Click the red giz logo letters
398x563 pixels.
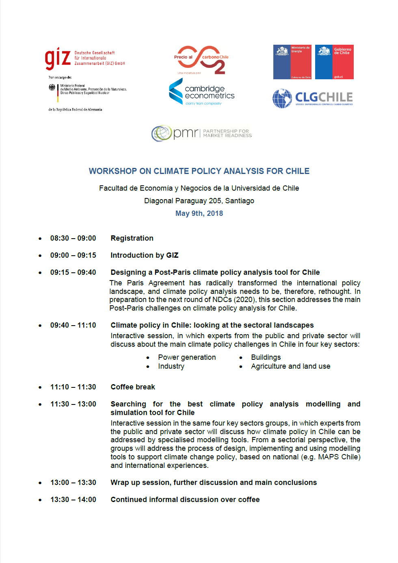point(58,58)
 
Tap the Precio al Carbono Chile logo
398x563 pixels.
point(201,59)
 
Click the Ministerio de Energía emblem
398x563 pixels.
point(292,62)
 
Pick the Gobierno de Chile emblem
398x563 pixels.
point(334,62)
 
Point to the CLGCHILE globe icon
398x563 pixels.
point(282,98)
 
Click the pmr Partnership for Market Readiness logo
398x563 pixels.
point(202,133)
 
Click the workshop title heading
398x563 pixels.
point(199,171)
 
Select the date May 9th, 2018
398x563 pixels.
point(199,213)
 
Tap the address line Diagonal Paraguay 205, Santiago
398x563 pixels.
point(199,201)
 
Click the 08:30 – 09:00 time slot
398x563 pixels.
point(73,238)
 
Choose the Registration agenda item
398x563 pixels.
point(132,238)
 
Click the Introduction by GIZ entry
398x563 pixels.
point(145,255)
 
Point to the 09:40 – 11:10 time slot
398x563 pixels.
point(73,325)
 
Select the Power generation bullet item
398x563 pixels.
point(187,357)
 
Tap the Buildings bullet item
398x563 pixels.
point(266,357)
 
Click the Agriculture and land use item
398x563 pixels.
point(290,366)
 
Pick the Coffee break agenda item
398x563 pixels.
point(133,387)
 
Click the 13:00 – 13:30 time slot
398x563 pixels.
point(73,483)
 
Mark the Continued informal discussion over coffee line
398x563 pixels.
point(185,500)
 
